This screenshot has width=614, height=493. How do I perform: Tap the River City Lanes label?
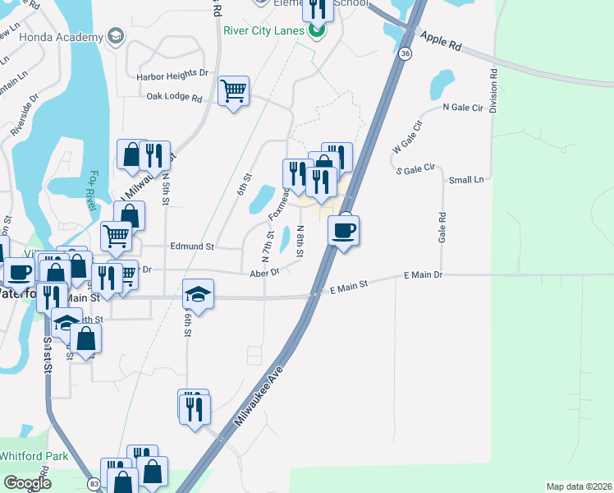pyautogui.click(x=263, y=31)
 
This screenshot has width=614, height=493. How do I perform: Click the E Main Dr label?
pyautogui.click(x=424, y=276)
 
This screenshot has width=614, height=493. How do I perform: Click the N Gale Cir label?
pyautogui.click(x=462, y=107)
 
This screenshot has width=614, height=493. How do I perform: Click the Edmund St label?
pyautogui.click(x=191, y=246)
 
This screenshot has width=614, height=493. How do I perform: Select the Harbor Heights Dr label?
pyautogui.click(x=173, y=73)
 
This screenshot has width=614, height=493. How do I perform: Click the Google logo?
pyautogui.click(x=27, y=482)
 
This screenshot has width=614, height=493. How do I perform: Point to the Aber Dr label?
pyautogui.click(x=264, y=271)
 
